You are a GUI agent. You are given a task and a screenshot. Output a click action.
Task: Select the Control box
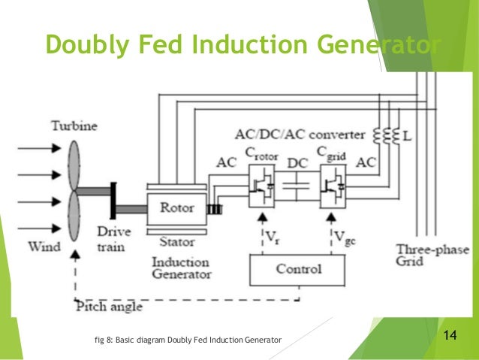[x=298, y=268]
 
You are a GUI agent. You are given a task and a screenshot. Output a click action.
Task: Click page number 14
[x=451, y=335]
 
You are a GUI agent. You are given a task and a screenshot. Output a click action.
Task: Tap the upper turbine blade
[x=74, y=160]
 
